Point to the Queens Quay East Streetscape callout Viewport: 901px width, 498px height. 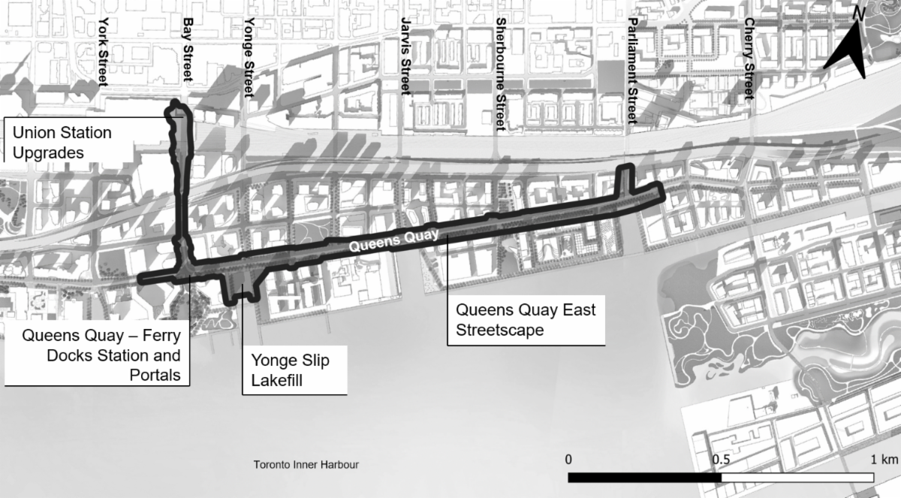526,320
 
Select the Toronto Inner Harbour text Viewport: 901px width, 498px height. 306,465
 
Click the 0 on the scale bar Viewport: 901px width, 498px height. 569,458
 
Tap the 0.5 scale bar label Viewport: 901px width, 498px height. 722,458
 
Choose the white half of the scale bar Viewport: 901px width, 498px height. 797,477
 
